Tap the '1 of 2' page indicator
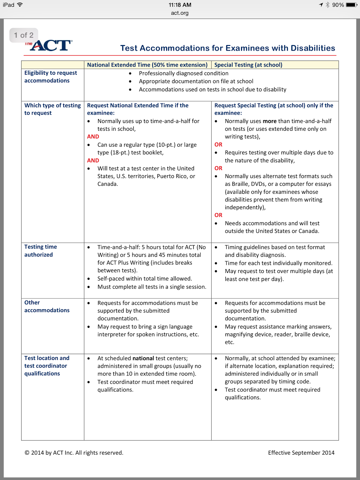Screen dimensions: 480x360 click(x=24, y=35)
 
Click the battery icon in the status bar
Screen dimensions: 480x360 click(x=351, y=5)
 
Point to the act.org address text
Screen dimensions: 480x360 click(x=180, y=13)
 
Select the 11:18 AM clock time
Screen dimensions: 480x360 click(x=180, y=5)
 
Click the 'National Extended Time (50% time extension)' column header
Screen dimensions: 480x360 click(x=147, y=65)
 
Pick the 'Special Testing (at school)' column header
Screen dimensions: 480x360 click(x=248, y=65)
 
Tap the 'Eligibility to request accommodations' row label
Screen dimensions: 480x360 click(x=50, y=77)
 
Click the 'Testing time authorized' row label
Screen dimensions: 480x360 click(x=40, y=250)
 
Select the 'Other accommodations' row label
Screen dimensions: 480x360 click(x=47, y=306)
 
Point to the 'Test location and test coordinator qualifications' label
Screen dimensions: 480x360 click(x=47, y=366)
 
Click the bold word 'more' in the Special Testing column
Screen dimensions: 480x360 click(x=269, y=121)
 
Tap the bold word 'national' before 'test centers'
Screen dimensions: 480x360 click(x=143, y=358)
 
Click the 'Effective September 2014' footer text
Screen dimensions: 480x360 click(x=301, y=453)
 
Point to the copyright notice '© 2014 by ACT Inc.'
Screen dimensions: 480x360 click(x=74, y=453)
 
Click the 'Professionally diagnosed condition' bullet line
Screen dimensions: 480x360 click(x=184, y=73)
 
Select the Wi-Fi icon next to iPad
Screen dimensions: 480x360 click(x=20, y=4)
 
